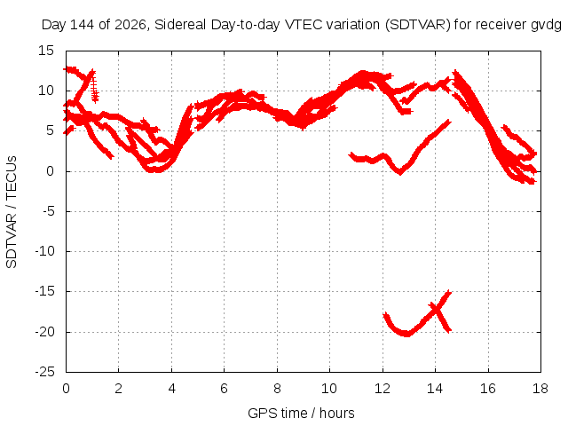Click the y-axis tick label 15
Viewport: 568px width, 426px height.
[x=46, y=51]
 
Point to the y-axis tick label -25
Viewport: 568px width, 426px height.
[x=45, y=372]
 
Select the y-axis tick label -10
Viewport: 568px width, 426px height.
[x=45, y=251]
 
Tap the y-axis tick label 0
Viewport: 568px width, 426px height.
[x=50, y=171]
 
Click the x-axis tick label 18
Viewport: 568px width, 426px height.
[x=540, y=389]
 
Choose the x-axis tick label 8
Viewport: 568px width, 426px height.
[x=277, y=389]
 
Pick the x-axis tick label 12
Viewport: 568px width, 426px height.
[x=383, y=389]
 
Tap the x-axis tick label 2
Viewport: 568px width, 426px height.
[x=118, y=389]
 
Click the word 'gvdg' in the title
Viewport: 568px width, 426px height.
[x=547, y=26]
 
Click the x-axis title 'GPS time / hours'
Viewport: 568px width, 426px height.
[x=302, y=414]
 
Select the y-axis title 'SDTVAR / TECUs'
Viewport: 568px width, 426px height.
[x=12, y=212]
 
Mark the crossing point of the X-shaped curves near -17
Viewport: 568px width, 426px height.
[x=436, y=310]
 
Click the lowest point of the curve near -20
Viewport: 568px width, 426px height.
[x=406, y=334]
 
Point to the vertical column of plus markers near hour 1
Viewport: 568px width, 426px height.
[x=95, y=88]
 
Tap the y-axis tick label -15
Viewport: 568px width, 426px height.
[x=45, y=291]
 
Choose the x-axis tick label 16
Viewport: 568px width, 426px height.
[x=487, y=389]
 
